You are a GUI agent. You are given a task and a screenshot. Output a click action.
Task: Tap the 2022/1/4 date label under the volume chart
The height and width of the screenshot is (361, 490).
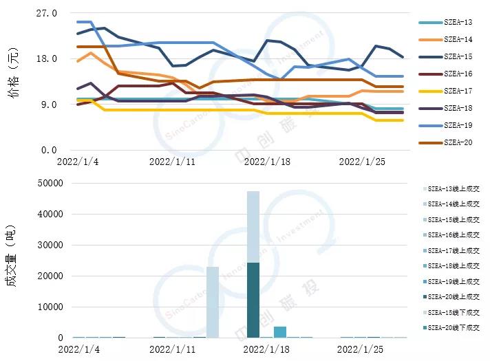coord(78,349)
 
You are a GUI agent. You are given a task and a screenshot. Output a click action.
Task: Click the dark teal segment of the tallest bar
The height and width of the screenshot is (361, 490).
coord(253,300)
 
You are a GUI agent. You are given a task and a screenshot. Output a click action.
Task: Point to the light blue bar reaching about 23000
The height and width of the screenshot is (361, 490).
coord(213,302)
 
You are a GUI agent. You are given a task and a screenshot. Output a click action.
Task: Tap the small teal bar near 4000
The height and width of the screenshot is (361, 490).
coord(280,332)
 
